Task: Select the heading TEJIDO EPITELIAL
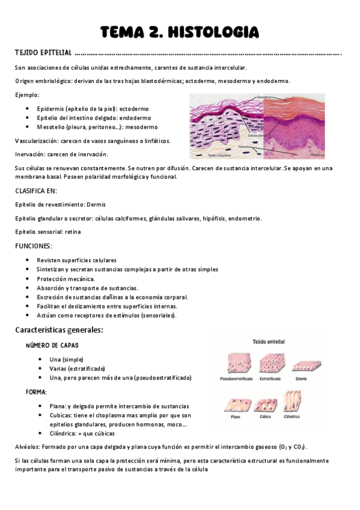tap(43, 53)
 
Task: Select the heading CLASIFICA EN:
tap(36, 191)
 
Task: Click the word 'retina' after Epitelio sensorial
tap(73, 232)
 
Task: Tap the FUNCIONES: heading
tap(34, 246)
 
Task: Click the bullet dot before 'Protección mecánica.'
tap(28, 279)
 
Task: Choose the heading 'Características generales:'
tap(59, 330)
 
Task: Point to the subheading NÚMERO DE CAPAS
tap(52, 345)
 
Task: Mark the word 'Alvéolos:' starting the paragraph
tap(28, 447)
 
